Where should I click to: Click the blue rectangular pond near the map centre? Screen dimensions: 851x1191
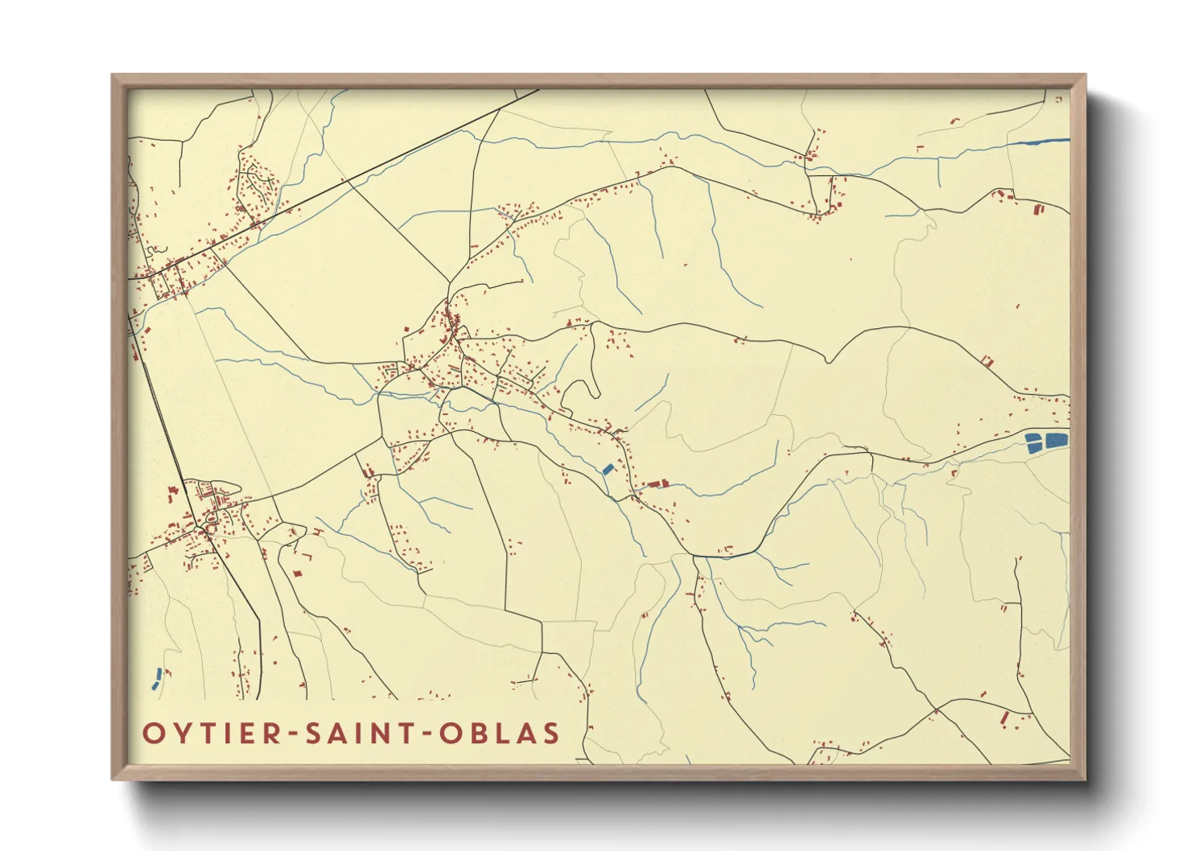(x=608, y=469)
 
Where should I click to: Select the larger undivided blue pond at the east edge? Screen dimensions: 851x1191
(x=1057, y=440)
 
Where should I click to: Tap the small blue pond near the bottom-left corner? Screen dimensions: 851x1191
(x=157, y=678)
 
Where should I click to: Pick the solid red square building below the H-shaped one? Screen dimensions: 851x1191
(x=297, y=573)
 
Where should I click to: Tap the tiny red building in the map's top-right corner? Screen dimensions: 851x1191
(x=1059, y=99)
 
